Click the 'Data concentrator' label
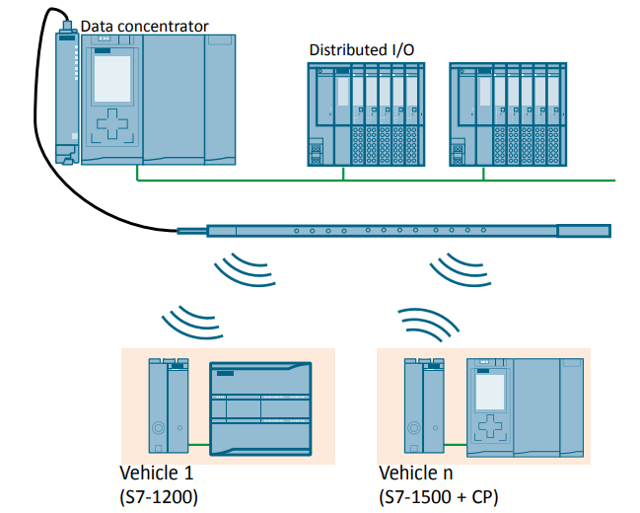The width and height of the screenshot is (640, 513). click(x=144, y=26)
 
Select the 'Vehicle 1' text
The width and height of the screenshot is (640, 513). click(x=155, y=472)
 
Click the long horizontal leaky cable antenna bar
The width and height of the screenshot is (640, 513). click(x=394, y=232)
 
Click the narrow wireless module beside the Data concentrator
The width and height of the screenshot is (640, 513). click(x=67, y=94)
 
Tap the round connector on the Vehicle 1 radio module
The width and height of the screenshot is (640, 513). click(x=158, y=430)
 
